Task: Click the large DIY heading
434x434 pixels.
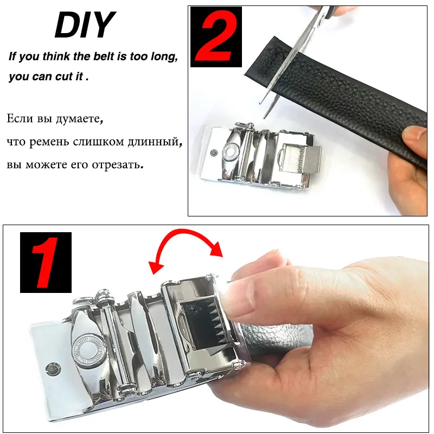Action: click(x=85, y=24)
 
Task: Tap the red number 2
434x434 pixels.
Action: click(x=216, y=37)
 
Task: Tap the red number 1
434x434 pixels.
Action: click(x=45, y=263)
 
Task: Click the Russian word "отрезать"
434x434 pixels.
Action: click(x=116, y=165)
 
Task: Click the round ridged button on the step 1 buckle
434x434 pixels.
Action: click(x=85, y=349)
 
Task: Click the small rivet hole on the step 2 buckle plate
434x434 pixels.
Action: click(x=213, y=152)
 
